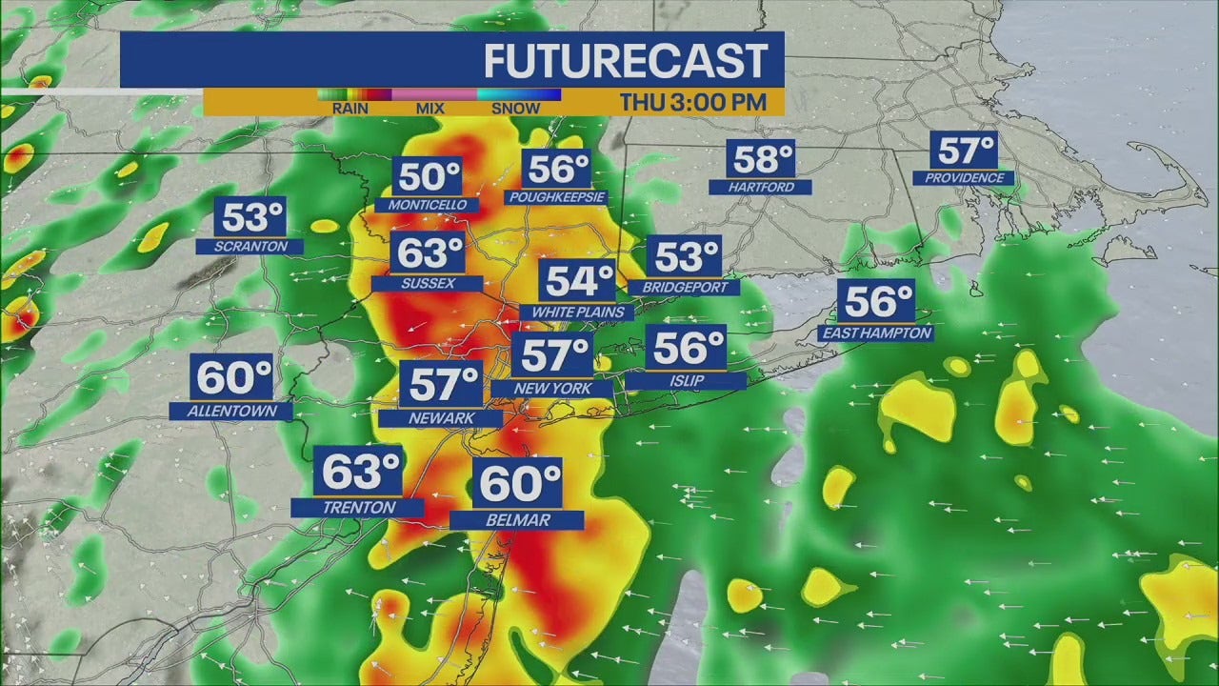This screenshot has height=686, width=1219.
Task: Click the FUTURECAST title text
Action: pyautogui.click(x=625, y=61)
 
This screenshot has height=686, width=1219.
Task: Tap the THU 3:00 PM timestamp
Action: pyautogui.click(x=692, y=102)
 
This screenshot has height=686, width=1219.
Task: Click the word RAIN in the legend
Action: pyautogui.click(x=350, y=109)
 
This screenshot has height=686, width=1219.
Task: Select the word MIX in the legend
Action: pyautogui.click(x=430, y=109)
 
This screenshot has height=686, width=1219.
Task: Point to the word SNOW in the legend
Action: pyautogui.click(x=516, y=109)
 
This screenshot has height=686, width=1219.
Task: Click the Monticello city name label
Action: pyautogui.click(x=421, y=205)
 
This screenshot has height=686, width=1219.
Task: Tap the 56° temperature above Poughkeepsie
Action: pyautogui.click(x=557, y=169)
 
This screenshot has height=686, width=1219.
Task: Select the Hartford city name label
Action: pyautogui.click(x=761, y=188)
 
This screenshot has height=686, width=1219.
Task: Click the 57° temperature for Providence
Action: pyautogui.click(x=966, y=151)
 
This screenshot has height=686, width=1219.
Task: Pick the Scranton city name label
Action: pyautogui.click(x=250, y=247)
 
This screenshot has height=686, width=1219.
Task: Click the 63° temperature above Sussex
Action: pyautogui.click(x=430, y=253)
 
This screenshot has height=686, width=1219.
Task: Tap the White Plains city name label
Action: pyautogui.click(x=577, y=313)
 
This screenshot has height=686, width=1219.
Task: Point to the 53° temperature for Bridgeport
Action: pyautogui.click(x=685, y=257)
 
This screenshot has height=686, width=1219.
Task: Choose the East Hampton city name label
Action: pyautogui.click(x=875, y=333)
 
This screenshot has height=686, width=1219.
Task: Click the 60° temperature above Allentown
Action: pyautogui.click(x=234, y=377)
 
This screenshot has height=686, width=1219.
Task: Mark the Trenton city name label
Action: pyautogui.click(x=358, y=508)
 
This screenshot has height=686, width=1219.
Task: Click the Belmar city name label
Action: pyautogui.click(x=517, y=520)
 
